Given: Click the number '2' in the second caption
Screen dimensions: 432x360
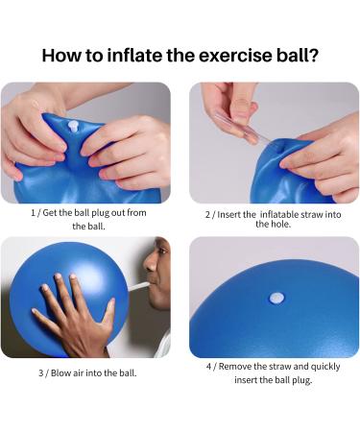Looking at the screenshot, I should [x=208, y=213].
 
